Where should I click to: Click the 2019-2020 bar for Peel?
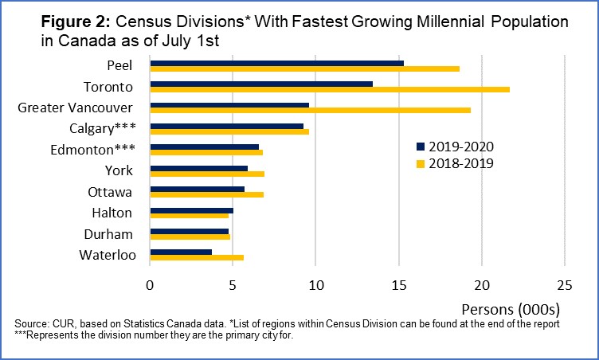point(276,63)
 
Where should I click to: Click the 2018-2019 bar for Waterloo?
point(197,257)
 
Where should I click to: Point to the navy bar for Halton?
point(191,209)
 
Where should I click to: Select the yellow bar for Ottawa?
point(206,194)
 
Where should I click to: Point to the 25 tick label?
point(564,284)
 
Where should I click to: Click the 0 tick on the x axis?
point(150,284)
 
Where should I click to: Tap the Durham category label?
point(108,234)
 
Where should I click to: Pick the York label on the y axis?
point(119,170)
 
